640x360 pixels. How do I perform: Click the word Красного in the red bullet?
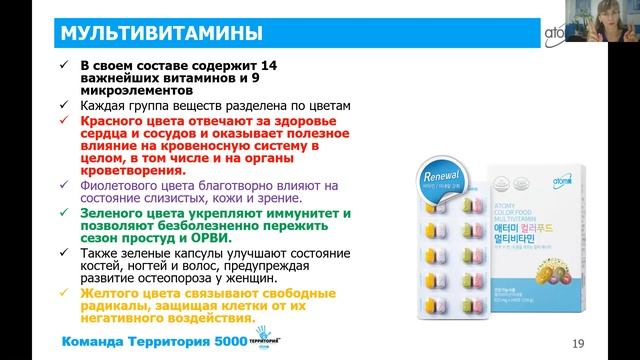point(112,118)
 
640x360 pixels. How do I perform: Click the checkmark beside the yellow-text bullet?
point(66,292)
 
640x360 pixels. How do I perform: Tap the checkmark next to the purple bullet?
point(66,186)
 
